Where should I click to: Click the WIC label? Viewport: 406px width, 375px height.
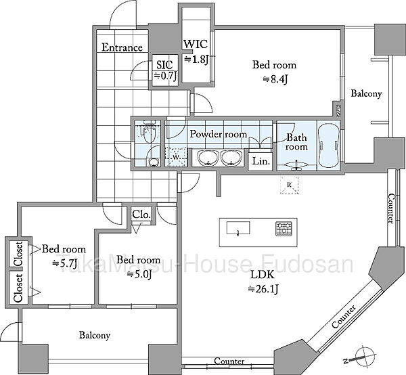196,44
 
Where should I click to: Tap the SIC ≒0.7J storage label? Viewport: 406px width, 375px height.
165,70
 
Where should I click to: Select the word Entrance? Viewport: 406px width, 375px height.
122,47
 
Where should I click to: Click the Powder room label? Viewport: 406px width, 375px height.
219,134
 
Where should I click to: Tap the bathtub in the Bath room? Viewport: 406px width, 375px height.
329,146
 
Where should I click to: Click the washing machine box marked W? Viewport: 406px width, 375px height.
176,156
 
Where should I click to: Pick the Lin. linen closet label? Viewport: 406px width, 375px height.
261,161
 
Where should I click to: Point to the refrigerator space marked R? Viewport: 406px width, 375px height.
290,185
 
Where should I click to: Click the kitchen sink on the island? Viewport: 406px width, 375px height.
238,228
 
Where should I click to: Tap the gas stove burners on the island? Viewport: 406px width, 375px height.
284,229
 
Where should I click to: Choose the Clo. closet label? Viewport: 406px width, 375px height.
141,215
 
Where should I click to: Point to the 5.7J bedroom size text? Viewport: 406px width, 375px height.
64,263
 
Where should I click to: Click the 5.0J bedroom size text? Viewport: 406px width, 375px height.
139,275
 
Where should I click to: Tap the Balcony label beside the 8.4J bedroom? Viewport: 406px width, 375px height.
366,93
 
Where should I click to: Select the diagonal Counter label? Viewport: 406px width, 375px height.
344,317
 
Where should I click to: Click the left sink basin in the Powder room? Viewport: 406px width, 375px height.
207,158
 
